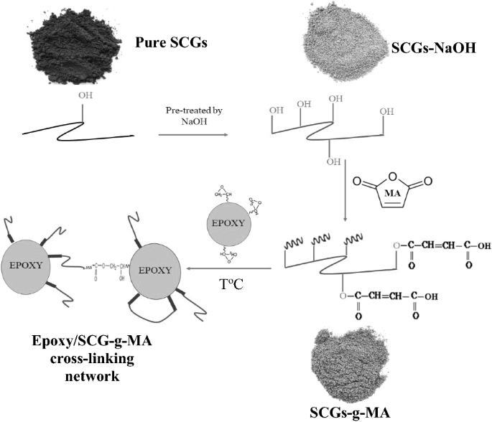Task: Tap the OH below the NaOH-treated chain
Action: (333, 161)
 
